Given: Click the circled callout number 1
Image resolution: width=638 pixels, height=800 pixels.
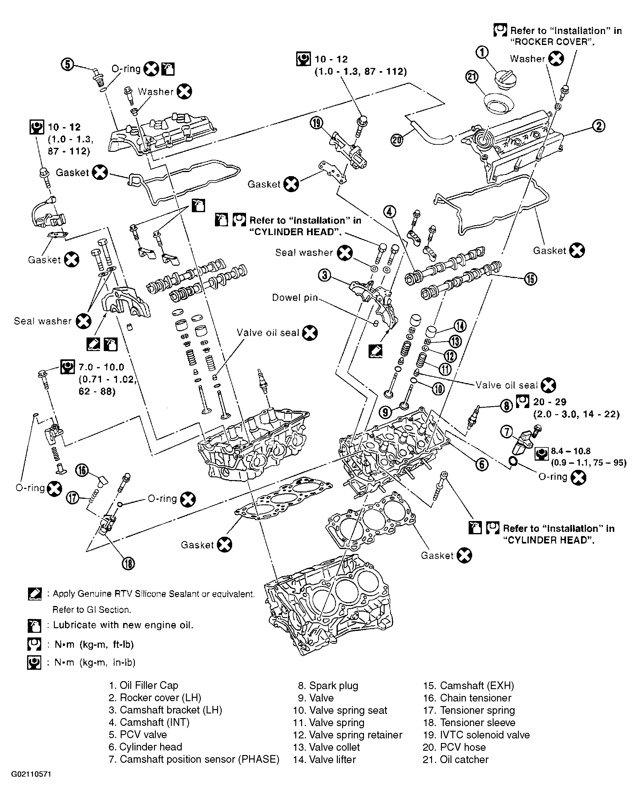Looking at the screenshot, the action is (x=482, y=53).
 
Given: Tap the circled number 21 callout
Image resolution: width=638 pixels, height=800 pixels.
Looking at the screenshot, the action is (x=472, y=77).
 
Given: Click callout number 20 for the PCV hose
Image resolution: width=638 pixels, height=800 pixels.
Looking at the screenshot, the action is (x=397, y=140).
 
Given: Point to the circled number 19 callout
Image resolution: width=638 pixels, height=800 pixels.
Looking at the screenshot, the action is (x=316, y=123).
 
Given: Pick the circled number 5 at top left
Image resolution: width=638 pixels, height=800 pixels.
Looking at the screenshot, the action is (x=67, y=65).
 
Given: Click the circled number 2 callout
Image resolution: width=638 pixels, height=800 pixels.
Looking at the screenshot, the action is (x=599, y=126).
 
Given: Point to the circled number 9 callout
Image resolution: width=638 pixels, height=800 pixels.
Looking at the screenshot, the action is (x=385, y=412).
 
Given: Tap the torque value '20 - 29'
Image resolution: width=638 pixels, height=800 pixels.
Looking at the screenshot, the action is (x=550, y=402).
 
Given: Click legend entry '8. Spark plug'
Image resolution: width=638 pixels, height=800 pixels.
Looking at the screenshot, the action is (x=328, y=685).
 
